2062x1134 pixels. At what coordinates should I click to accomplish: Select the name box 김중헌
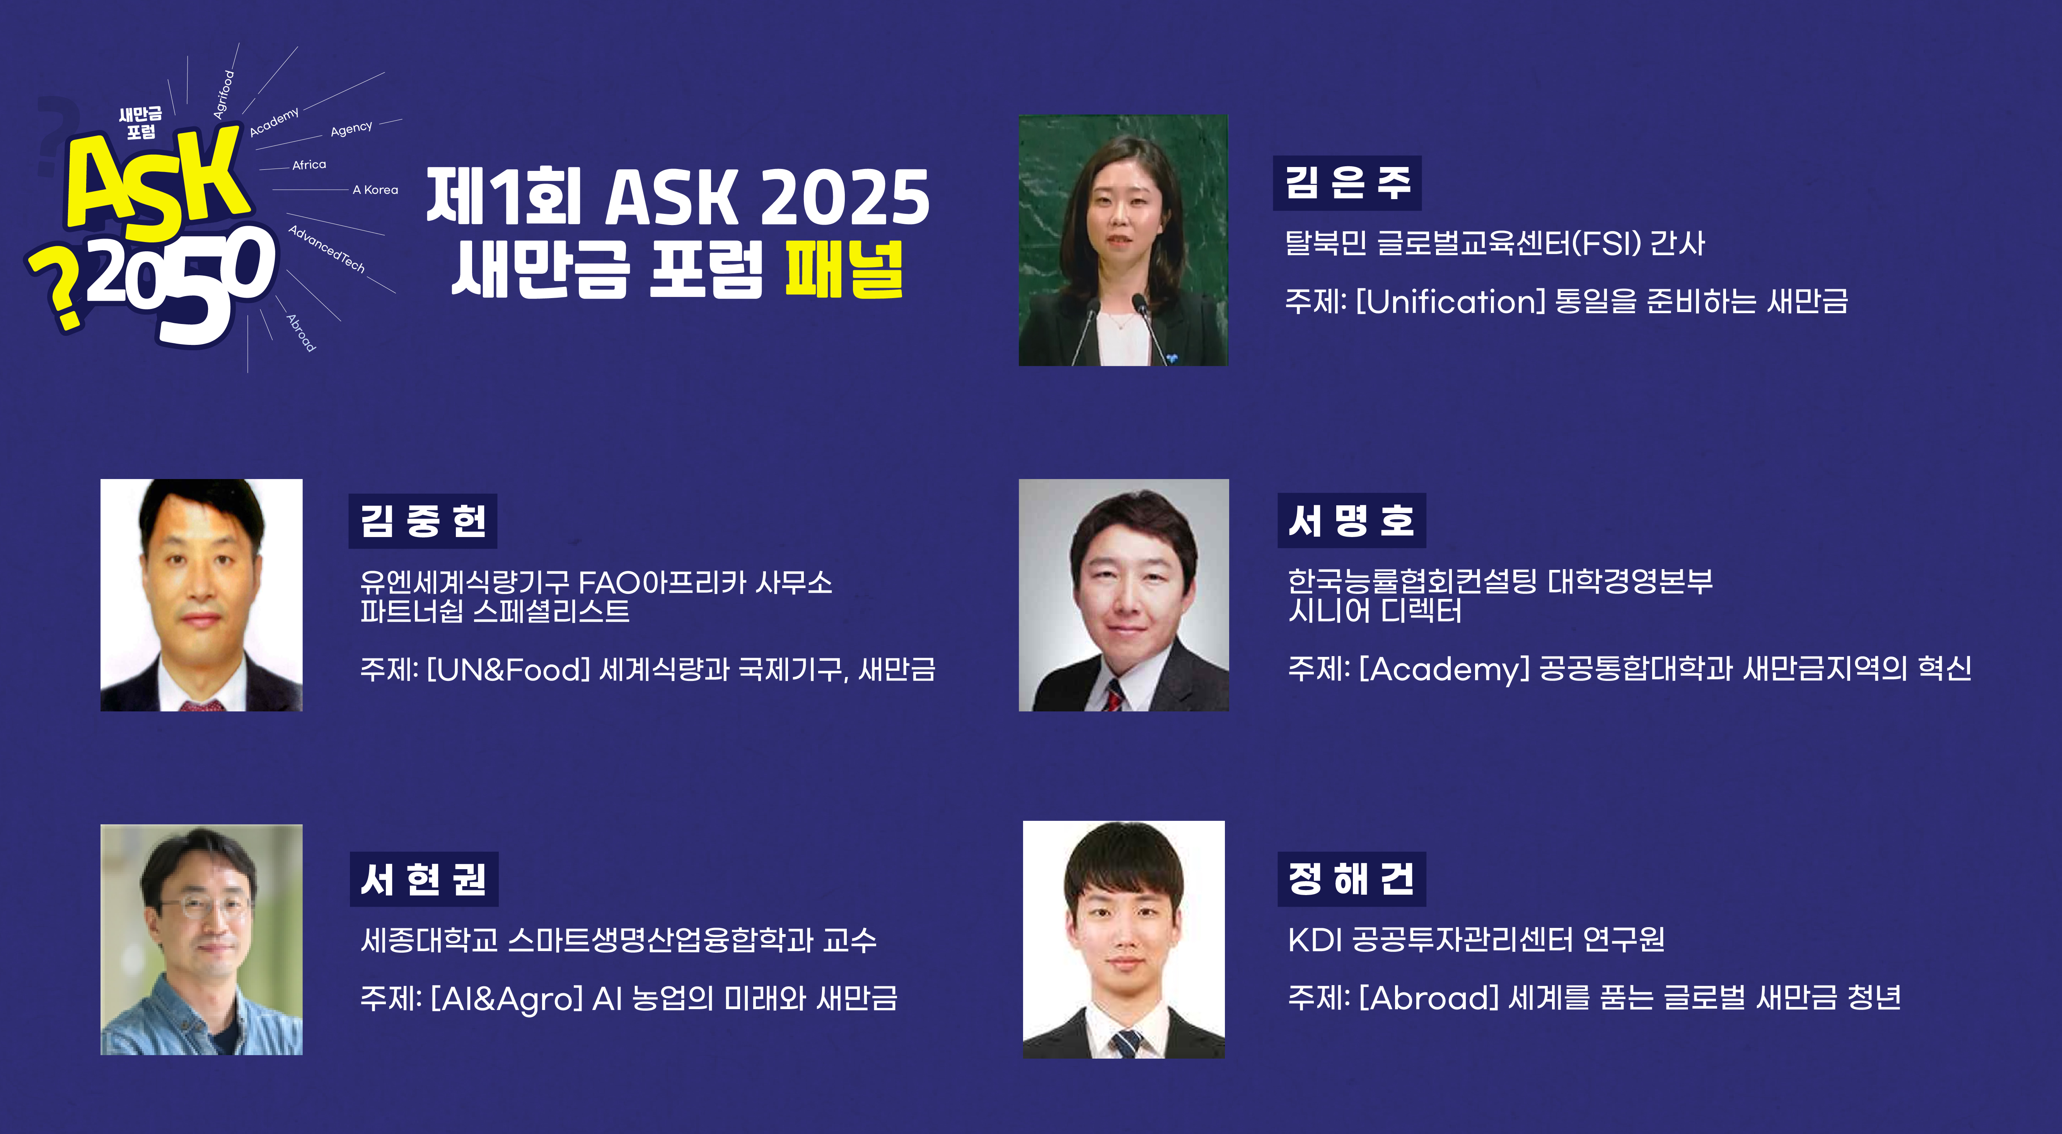(423, 521)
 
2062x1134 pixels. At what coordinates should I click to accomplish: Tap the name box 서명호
(1351, 521)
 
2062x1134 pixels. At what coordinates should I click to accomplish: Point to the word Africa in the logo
(309, 165)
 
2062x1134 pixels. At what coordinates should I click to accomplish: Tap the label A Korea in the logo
(375, 190)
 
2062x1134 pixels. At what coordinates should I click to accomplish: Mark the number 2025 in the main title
(844, 198)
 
